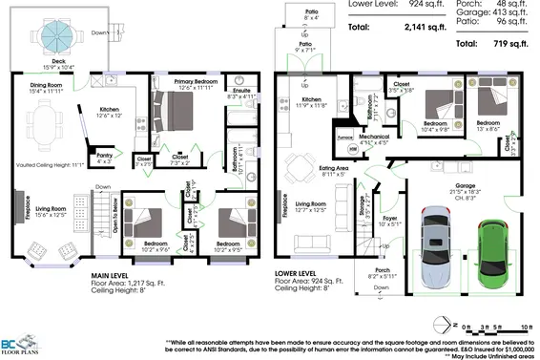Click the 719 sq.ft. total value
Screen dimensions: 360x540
tap(507, 44)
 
